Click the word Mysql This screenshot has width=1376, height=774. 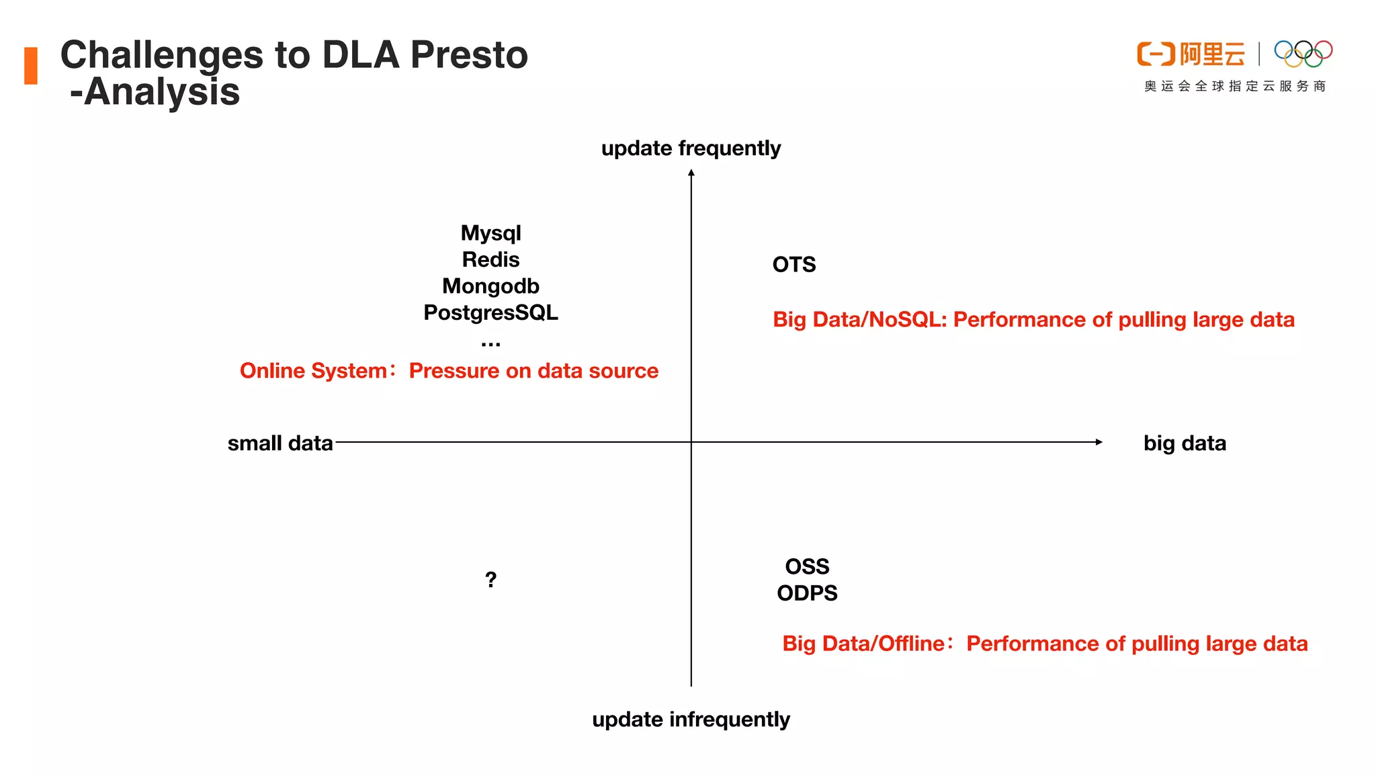tap(490, 233)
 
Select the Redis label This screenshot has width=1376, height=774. tap(490, 259)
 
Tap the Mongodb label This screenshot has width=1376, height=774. tap(490, 286)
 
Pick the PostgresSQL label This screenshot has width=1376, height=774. tap(490, 312)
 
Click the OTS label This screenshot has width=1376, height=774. tap(793, 265)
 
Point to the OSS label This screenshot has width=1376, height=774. tap(807, 566)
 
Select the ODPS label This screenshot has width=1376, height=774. tap(807, 593)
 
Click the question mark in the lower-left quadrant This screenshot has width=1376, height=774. tap(490, 579)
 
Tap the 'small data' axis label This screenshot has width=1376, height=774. tap(280, 443)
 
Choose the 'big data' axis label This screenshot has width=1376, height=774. tap(1185, 443)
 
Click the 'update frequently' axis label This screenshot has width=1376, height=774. tap(691, 148)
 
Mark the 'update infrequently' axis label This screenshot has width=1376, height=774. tap(691, 720)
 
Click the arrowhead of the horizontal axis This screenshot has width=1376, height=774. tap(1099, 442)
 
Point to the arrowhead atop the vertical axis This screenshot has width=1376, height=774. tap(691, 173)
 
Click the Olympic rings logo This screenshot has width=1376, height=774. tap(1303, 54)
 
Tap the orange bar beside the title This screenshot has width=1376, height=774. tap(31, 66)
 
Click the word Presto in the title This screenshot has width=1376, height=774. tap(469, 55)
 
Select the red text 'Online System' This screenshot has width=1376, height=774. tap(313, 371)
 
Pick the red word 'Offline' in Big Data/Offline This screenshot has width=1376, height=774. tap(911, 644)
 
